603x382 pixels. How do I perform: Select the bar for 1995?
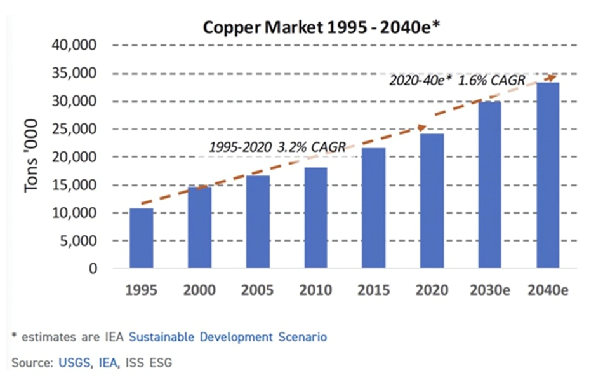click(142, 238)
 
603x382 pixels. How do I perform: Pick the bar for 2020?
click(432, 201)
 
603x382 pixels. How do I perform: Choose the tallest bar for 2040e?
click(548, 175)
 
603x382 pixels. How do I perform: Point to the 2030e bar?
click(489, 185)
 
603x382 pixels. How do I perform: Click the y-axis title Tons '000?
click(32, 156)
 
